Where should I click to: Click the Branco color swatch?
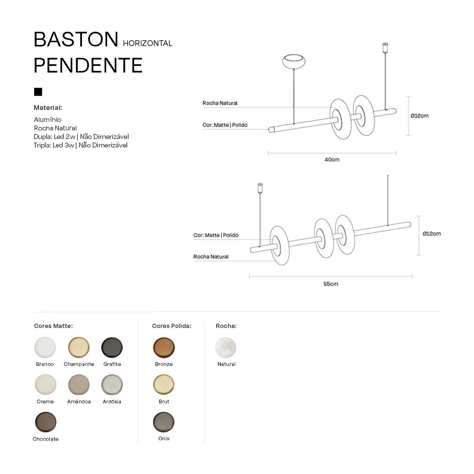pyautogui.click(x=45, y=347)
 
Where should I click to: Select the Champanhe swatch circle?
pyautogui.click(x=79, y=347)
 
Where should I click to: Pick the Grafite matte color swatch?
pyautogui.click(x=112, y=347)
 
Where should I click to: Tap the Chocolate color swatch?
pyautogui.click(x=46, y=422)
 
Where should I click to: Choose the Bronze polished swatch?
pyautogui.click(x=164, y=347)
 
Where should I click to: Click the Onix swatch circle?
pyautogui.click(x=164, y=422)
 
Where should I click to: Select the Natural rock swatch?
pyautogui.click(x=226, y=347)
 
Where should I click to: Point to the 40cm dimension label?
pyautogui.click(x=332, y=159)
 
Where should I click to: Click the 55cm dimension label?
pyautogui.click(x=331, y=284)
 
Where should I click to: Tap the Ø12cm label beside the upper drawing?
pyautogui.click(x=419, y=116)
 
